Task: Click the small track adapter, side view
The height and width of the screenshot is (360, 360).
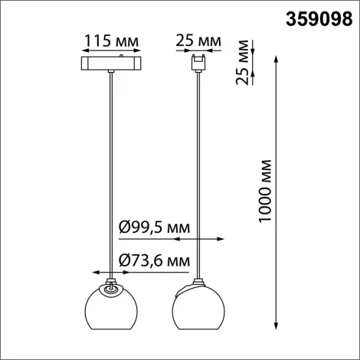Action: [200, 61]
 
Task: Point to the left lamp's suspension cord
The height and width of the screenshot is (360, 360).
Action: [114, 169]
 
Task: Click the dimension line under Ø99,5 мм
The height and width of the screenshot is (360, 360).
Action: [184, 239]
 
